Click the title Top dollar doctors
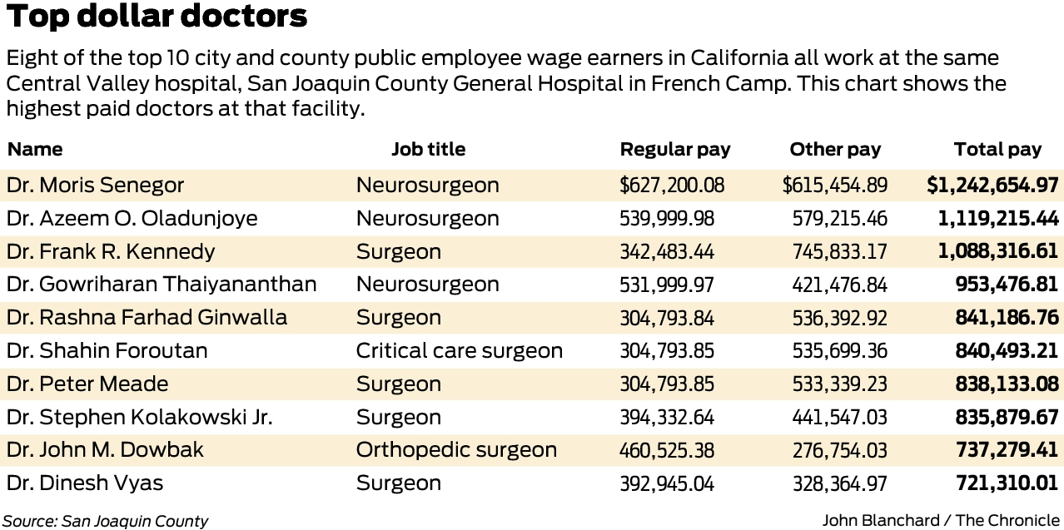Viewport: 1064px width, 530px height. (x=157, y=17)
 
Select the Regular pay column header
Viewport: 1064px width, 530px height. (x=674, y=150)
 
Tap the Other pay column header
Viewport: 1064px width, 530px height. (x=834, y=150)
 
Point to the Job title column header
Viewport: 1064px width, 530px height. (x=428, y=150)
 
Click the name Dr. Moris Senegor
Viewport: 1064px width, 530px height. (x=95, y=185)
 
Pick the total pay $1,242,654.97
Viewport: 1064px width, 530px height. (x=992, y=185)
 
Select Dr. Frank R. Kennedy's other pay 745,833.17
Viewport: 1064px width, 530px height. (x=839, y=251)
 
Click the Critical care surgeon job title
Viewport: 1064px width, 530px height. (x=459, y=350)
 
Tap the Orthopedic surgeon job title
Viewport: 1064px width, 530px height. (x=456, y=450)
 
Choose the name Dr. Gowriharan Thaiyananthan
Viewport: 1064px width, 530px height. (x=162, y=285)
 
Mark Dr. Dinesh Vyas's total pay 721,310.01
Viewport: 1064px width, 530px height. (x=1007, y=483)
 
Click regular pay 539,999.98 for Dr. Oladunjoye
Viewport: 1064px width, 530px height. (x=666, y=219)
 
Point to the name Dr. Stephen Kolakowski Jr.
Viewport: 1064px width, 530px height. (x=139, y=417)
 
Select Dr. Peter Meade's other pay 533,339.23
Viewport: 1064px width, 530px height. (x=839, y=384)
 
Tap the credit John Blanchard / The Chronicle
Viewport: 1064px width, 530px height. (x=941, y=520)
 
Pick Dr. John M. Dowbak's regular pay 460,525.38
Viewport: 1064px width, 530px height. (x=666, y=450)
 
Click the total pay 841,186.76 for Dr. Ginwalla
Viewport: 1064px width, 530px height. (x=1007, y=318)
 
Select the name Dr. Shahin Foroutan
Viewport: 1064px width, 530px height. (x=107, y=350)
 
